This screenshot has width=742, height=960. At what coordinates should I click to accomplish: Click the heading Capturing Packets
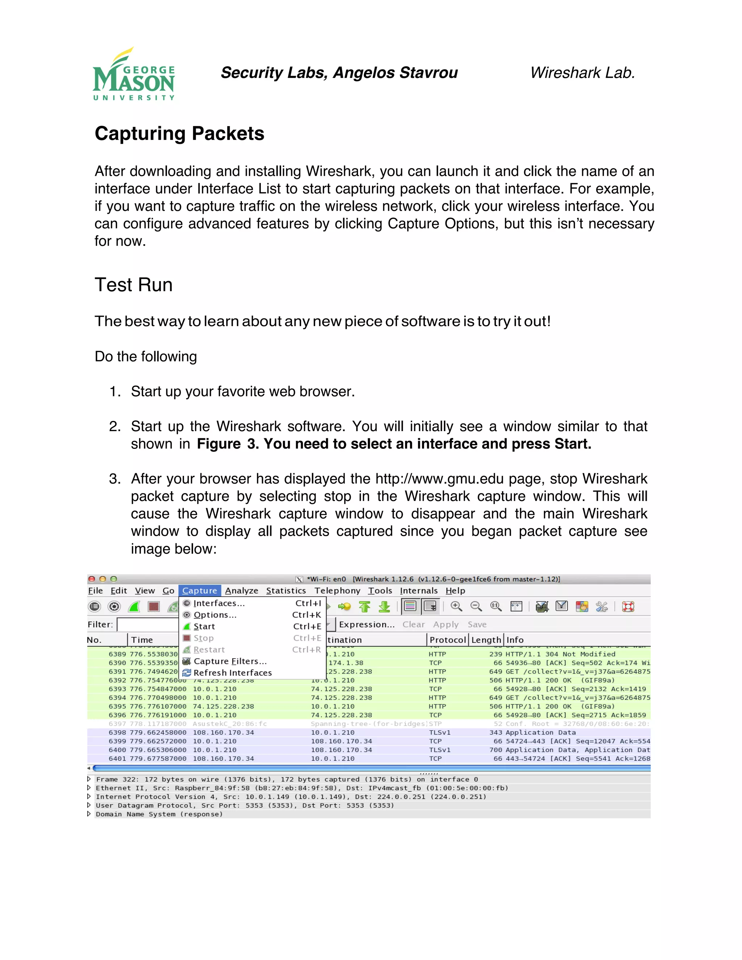(179, 134)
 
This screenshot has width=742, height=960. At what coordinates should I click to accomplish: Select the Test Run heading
(133, 285)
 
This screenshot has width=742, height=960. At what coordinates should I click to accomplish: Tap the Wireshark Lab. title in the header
(583, 72)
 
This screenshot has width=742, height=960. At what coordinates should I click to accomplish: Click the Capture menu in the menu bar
(200, 591)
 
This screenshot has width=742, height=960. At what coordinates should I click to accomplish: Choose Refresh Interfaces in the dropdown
(233, 673)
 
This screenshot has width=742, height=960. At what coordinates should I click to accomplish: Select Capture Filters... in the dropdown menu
(230, 661)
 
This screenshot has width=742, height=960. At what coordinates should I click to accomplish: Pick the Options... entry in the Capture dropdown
(215, 615)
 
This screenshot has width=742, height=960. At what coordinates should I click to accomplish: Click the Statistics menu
(286, 591)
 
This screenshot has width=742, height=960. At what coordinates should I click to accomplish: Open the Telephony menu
(337, 591)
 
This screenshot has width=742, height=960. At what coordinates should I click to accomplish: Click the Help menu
(455, 591)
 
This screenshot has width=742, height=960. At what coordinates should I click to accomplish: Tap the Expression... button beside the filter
(367, 625)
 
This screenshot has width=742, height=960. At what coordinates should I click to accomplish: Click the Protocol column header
(447, 640)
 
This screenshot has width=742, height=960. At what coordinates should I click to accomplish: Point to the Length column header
(486, 640)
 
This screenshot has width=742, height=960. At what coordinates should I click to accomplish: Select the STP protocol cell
(435, 724)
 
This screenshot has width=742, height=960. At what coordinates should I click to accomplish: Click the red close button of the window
(91, 579)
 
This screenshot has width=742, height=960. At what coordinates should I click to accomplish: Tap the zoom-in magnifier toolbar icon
(456, 606)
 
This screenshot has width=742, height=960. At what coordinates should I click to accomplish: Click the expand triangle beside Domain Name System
(89, 814)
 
